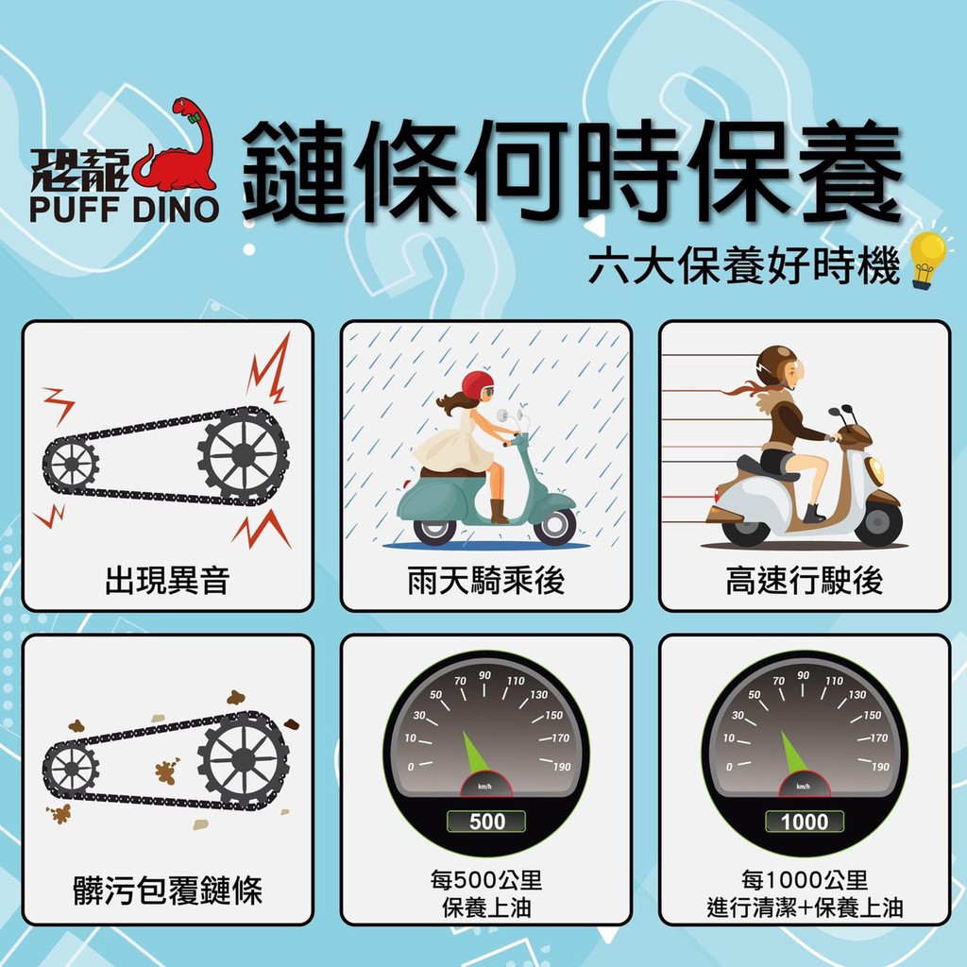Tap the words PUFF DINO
(124, 210)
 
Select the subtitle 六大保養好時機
(744, 266)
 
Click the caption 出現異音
(167, 581)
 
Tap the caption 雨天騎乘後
(486, 581)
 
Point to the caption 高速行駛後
(805, 581)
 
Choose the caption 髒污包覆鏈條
(167, 890)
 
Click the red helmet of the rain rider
(477, 384)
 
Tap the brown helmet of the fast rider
(776, 364)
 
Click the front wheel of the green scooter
(554, 526)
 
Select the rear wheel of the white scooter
(745, 528)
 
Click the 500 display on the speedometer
(486, 822)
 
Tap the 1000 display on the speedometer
(805, 822)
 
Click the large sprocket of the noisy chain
(243, 456)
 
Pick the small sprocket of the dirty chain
(72, 769)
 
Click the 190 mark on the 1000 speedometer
(880, 767)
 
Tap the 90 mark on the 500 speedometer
(484, 675)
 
